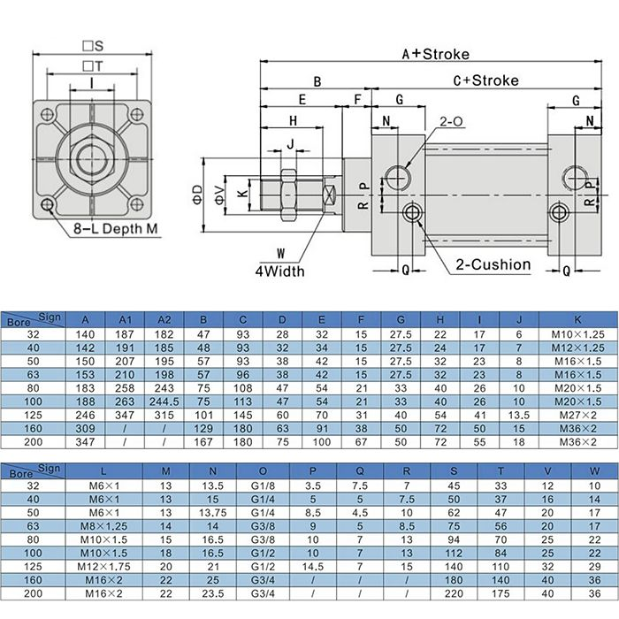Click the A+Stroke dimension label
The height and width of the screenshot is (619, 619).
pos(435,54)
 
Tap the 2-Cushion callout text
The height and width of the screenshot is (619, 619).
pos(493,264)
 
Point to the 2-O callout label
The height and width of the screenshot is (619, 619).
pos(452,120)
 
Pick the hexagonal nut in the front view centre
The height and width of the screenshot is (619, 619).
pos(92,160)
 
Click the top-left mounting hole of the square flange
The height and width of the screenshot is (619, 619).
pos(47,115)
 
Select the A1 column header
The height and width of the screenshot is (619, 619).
pos(125,319)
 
